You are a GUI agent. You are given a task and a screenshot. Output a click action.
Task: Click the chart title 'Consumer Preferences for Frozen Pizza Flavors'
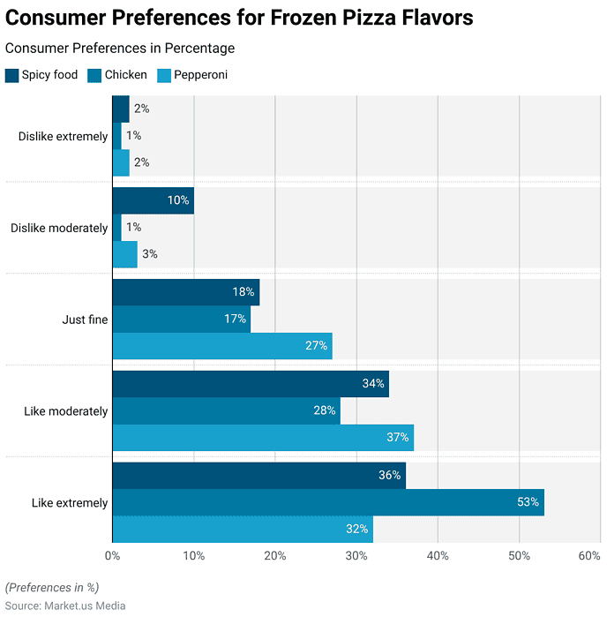tap(239, 18)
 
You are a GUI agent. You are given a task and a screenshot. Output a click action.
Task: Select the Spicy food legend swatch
tap(11, 75)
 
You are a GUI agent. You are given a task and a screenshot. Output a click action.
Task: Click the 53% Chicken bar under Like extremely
tap(328, 502)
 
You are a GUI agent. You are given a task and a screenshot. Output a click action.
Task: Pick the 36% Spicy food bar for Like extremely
tap(259, 475)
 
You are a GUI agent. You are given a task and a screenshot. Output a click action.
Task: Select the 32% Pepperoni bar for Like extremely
tap(243, 530)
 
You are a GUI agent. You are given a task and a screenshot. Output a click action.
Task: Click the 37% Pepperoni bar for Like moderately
tap(263, 438)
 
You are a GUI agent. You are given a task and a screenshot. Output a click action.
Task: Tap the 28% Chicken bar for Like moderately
tap(226, 410)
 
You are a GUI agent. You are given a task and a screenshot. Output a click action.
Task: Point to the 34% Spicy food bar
tap(251, 384)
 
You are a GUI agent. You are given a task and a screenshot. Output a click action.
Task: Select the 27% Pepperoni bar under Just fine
tap(222, 346)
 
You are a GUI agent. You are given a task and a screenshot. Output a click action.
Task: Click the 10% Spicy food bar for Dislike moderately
tap(153, 200)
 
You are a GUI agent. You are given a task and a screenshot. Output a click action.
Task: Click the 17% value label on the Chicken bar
tap(235, 319)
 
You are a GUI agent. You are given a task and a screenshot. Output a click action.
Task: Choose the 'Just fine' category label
tap(86, 320)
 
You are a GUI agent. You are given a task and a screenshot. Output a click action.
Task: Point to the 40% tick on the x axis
tap(438, 556)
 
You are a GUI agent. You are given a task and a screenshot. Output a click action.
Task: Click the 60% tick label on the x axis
tap(588, 556)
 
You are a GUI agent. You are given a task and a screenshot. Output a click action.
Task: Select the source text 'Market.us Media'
tap(86, 606)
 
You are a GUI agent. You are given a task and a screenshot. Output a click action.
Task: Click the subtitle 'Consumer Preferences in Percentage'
tap(120, 48)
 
